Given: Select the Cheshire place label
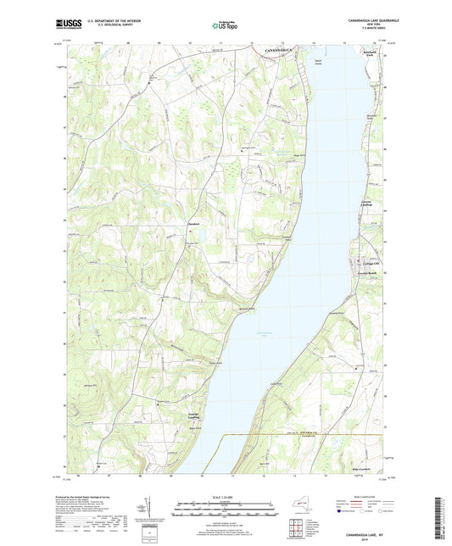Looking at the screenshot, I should pyautogui.click(x=193, y=225).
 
